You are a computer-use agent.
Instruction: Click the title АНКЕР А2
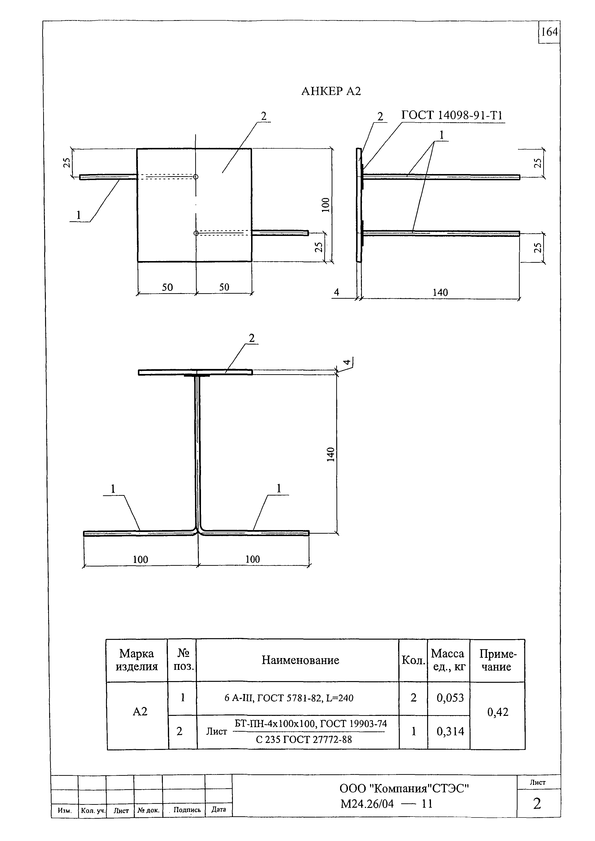click(331, 91)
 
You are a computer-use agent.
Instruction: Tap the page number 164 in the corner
click(549, 32)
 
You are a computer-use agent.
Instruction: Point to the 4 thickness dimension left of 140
click(336, 292)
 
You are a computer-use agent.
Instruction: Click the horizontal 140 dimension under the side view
click(440, 293)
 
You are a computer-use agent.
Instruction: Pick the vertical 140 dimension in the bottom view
click(331, 454)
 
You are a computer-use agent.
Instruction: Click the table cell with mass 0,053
click(450, 698)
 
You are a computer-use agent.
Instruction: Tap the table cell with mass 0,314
click(450, 731)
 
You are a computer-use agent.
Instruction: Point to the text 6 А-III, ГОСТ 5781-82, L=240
click(289, 698)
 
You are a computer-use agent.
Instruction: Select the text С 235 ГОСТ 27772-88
click(304, 740)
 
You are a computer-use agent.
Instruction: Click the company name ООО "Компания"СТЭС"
click(404, 789)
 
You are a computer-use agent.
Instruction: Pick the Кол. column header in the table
click(413, 660)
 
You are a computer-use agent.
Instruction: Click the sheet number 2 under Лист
click(537, 804)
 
